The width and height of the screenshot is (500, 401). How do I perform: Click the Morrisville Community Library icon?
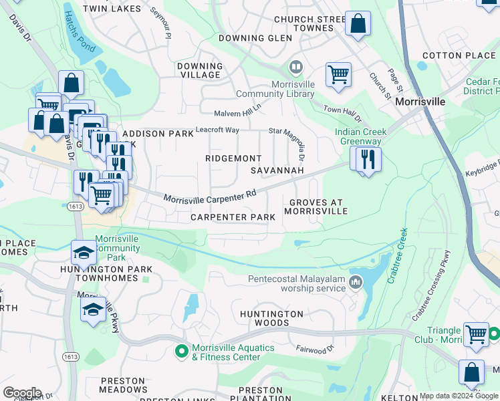pos(295,68)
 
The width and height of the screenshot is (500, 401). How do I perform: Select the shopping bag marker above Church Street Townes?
pos(359,25)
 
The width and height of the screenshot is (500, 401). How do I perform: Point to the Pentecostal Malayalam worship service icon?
pos(356,283)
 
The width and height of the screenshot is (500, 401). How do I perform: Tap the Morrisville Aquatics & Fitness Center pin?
pos(181,350)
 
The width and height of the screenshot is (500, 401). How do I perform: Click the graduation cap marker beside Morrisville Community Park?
pos(84,253)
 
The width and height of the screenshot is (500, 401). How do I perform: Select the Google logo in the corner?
pos(22,393)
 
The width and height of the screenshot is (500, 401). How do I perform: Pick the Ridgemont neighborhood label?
pos(233,158)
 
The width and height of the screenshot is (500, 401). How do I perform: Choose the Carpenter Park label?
pos(233,217)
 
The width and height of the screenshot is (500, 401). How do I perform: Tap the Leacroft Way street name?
pos(217,130)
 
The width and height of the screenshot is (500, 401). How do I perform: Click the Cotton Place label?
pos(452,55)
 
